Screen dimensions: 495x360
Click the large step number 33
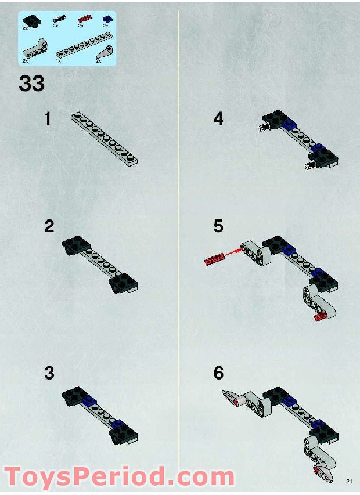pyautogui.click(x=31, y=83)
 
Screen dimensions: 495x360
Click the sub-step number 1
pyautogui.click(x=48, y=119)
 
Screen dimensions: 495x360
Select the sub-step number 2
pyautogui.click(x=49, y=226)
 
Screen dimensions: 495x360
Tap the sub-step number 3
pyautogui.click(x=49, y=373)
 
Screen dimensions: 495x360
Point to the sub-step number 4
pyautogui.click(x=218, y=119)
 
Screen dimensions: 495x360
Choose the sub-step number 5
pyautogui.click(x=218, y=226)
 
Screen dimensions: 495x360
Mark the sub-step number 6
pyautogui.click(x=218, y=373)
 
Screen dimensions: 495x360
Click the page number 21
pyautogui.click(x=349, y=480)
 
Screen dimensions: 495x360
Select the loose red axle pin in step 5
pyautogui.click(x=214, y=257)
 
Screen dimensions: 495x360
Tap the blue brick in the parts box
pyautogui.click(x=106, y=19)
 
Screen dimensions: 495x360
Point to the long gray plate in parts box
pyautogui.click(x=81, y=47)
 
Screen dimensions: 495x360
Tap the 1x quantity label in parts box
pyautogui.click(x=58, y=60)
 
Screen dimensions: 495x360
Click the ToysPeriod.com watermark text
pyautogui.click(x=119, y=477)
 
